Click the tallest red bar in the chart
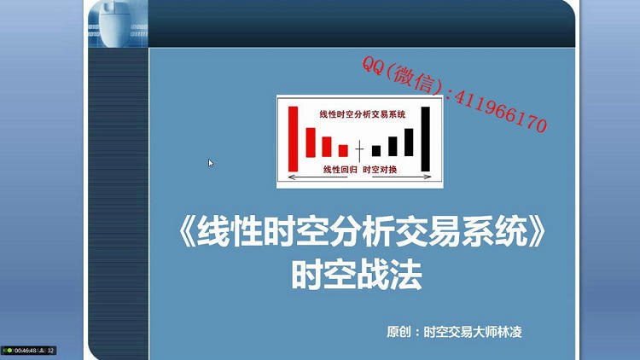293,139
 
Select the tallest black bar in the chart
425,139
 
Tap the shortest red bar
343,151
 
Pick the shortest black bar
376,151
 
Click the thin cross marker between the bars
359,151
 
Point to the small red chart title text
363,114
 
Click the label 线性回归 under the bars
340,170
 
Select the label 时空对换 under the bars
380,170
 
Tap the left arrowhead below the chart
292,177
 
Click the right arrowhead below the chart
428,177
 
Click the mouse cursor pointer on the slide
211,163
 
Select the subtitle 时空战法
357,275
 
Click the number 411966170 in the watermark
500,111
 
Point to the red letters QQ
373,66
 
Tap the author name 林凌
509,332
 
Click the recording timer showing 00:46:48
26,351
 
